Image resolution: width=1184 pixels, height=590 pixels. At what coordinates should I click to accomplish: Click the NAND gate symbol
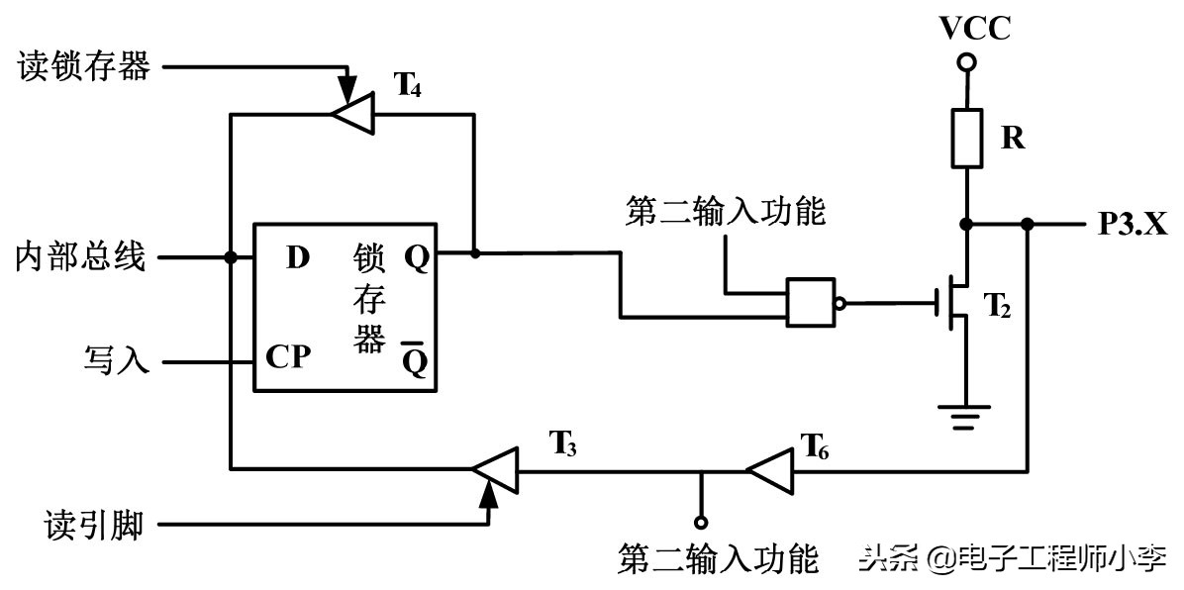coord(815,302)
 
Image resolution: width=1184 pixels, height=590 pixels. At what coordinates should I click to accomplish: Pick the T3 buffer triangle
coord(494,466)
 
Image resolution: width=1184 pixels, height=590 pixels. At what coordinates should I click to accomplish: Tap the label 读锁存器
coord(84,66)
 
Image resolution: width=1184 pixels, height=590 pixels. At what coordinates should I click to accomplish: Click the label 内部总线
coord(81,258)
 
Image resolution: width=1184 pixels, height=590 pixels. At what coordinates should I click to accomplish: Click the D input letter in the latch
coord(297,258)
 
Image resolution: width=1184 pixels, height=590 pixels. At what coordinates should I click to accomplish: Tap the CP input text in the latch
coord(289,357)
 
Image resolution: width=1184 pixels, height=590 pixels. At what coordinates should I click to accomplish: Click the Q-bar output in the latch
coord(416,362)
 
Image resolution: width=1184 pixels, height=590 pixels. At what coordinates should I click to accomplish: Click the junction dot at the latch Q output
coord(475,253)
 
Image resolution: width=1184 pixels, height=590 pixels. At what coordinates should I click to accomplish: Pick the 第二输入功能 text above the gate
coord(725,211)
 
